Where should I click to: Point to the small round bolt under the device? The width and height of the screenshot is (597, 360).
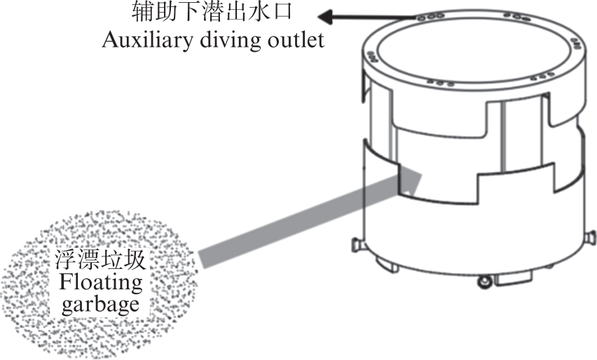(483, 282)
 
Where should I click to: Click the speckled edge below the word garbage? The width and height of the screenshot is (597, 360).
(98, 336)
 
